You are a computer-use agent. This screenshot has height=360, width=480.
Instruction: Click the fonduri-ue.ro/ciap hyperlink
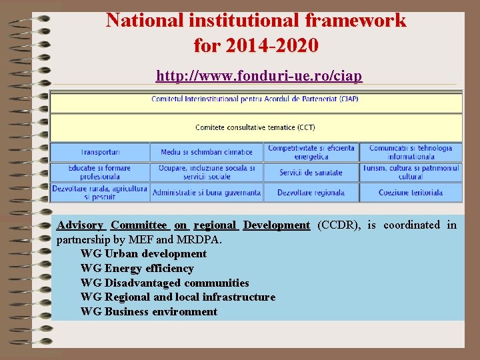259,76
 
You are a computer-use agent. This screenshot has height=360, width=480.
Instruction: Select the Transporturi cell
100,153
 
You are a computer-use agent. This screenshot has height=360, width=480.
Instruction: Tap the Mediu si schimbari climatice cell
207,153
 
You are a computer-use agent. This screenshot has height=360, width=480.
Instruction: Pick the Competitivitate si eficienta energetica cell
311,152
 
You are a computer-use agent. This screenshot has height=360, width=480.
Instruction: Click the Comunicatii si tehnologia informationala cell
411,152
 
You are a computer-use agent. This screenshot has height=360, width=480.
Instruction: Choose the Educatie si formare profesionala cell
100,172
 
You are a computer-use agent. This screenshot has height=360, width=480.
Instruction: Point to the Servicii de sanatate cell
311,173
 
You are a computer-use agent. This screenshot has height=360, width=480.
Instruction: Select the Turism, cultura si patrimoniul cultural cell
411,172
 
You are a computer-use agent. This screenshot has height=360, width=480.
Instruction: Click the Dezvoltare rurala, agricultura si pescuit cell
100,193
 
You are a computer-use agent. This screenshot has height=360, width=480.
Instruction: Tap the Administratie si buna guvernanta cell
207,193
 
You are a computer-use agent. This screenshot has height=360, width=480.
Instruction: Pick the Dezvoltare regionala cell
311,193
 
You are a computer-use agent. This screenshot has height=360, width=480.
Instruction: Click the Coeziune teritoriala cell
411,193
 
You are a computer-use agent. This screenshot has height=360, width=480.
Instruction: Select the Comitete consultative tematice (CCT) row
255,127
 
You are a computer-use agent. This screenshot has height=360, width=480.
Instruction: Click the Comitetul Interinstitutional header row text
255,99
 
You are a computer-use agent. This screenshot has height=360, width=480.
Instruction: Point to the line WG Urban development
143,253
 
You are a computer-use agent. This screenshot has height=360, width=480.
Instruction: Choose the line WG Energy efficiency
137,268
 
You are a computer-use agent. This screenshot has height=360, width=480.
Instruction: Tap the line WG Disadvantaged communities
165,283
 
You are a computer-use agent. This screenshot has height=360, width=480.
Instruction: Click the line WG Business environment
149,311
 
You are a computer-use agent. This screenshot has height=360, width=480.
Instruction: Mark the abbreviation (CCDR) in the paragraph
339,225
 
